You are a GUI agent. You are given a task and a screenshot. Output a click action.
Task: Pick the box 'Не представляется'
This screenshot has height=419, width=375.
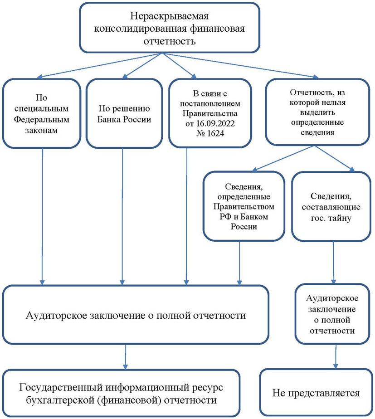316,393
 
